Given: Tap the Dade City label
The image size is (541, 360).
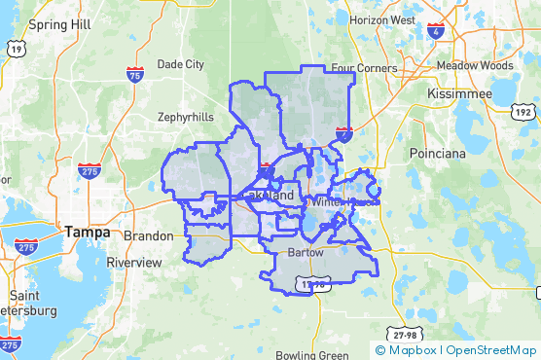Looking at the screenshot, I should point(181,64).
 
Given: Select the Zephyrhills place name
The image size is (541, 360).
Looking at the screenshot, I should point(186,117).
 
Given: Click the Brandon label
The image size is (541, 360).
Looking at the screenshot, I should point(148,235).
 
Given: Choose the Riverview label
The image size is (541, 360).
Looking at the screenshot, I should point(134,262).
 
